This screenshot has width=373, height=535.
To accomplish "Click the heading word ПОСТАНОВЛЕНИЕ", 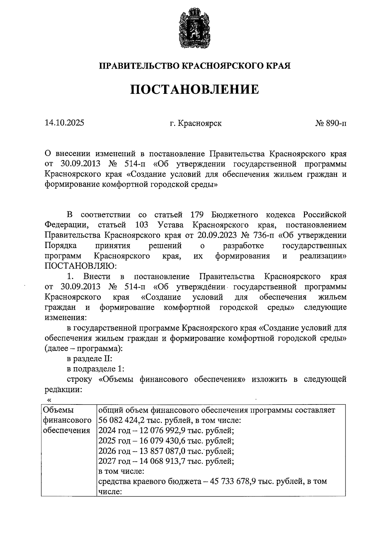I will [x=194, y=89].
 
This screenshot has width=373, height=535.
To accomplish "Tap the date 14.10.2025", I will [x=64, y=123].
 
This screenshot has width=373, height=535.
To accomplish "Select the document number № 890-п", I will [x=331, y=123].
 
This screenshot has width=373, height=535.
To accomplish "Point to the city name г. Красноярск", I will [x=196, y=123].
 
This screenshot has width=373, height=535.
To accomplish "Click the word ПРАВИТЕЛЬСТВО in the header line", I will [x=139, y=66].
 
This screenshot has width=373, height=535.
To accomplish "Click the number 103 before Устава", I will [x=142, y=225].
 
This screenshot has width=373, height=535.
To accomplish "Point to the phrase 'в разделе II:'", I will [x=90, y=359].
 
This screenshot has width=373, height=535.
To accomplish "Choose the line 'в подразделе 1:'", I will [x=95, y=369].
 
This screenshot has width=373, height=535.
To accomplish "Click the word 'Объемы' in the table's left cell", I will [x=58, y=410].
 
